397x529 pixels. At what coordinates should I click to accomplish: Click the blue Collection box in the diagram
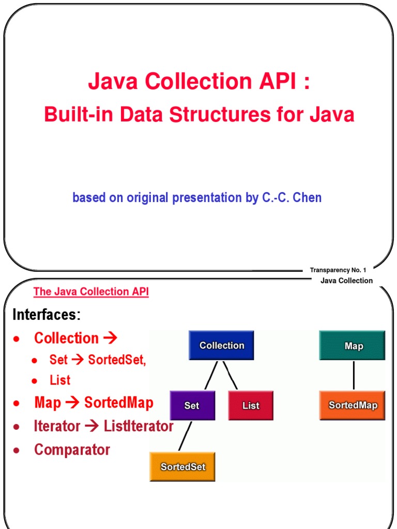222,346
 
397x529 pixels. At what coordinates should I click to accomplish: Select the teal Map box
354,346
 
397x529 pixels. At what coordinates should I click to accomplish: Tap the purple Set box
192,406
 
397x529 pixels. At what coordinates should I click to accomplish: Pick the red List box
251,406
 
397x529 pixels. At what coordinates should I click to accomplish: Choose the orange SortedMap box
353,405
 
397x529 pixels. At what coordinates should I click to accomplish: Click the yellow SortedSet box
182,466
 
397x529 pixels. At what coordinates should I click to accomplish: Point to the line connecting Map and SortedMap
354,375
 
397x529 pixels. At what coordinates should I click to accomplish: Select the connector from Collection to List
231,375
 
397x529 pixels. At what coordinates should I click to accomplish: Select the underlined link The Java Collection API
91,292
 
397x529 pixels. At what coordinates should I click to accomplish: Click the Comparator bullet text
72,449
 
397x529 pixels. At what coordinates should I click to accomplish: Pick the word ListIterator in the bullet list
139,426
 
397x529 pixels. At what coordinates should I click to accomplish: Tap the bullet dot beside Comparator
17,450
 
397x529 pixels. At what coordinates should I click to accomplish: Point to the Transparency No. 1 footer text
338,270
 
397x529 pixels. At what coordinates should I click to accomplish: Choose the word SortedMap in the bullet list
119,403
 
